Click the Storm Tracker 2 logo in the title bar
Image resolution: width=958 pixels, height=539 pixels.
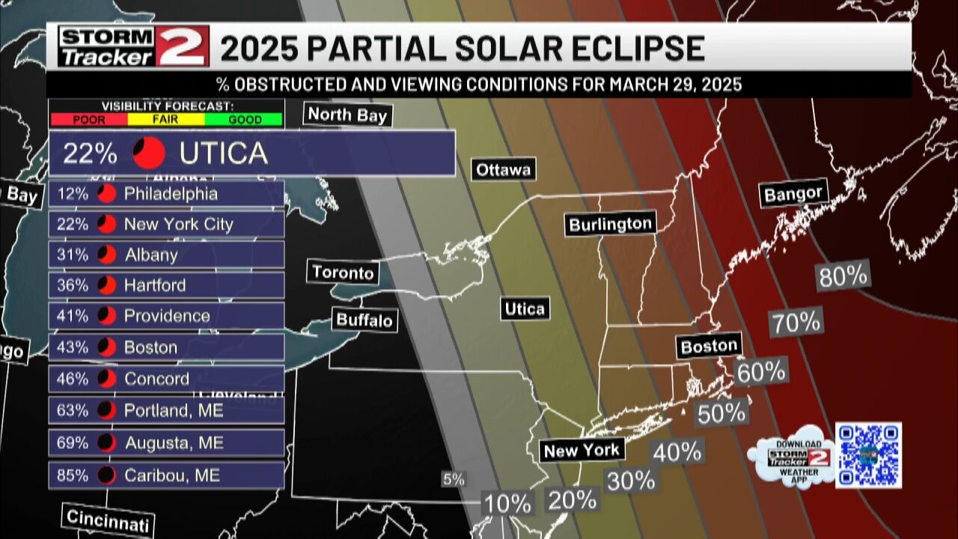(133, 46)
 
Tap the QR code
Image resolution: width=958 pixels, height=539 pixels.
(868, 454)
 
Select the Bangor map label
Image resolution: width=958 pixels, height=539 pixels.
(793, 194)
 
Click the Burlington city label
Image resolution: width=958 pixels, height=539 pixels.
(611, 224)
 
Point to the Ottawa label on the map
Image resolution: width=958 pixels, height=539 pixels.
(504, 170)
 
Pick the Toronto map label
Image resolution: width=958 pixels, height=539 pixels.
(343, 272)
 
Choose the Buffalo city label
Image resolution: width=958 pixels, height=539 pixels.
(364, 320)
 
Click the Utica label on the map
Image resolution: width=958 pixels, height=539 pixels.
(525, 308)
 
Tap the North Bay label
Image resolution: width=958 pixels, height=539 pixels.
(347, 115)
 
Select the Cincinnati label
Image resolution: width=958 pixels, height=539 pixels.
(108, 520)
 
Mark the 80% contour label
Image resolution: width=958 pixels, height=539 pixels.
(843, 276)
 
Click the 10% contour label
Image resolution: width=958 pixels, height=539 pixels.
(507, 504)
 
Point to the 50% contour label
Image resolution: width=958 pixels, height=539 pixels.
(722, 413)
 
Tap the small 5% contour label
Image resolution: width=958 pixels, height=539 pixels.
(454, 480)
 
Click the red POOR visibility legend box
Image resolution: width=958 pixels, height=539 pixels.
(89, 119)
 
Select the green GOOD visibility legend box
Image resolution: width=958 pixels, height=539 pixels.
(244, 119)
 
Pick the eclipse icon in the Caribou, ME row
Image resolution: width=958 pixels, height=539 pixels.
(107, 475)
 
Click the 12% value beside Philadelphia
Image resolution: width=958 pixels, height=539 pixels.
(73, 194)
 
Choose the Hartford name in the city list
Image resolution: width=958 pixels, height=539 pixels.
(155, 285)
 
